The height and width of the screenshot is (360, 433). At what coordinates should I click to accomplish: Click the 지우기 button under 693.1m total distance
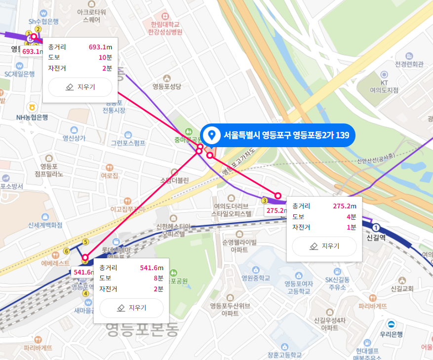coord(80,87)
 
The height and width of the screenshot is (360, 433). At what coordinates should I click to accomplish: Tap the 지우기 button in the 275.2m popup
coord(324,246)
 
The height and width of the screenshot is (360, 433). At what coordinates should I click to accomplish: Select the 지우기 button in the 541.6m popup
coord(131,308)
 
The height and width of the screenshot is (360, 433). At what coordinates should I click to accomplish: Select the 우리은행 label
coord(392,334)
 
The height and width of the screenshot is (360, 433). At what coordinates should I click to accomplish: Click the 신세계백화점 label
coord(45,225)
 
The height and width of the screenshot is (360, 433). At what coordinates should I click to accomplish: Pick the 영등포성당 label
coord(167,87)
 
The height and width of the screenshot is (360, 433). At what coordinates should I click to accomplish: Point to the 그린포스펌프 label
coord(128,143)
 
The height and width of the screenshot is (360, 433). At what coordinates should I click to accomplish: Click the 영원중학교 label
coord(256,278)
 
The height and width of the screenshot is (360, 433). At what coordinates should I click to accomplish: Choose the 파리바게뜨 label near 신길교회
coord(373,306)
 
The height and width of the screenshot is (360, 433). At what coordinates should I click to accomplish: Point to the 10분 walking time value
coord(105,57)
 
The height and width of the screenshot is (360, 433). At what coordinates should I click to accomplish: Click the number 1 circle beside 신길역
coord(377,227)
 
